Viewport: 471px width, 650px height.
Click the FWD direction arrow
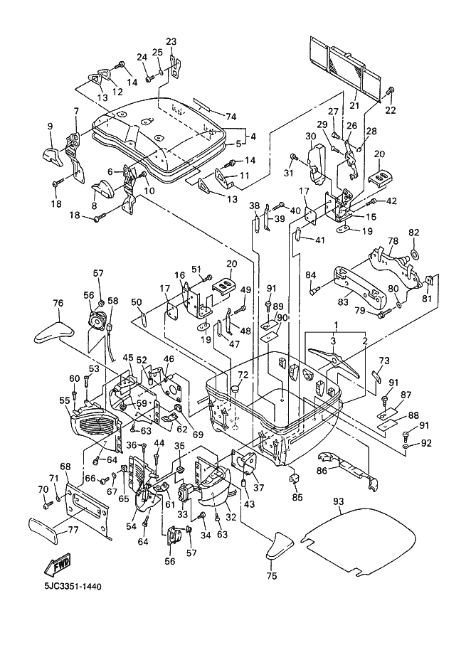point(58,565)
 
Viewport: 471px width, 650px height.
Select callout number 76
point(58,304)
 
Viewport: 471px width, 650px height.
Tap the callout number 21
point(354,105)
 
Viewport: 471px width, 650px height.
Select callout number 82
point(414,233)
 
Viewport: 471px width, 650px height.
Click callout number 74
point(230,116)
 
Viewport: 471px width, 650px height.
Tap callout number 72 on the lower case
point(243,374)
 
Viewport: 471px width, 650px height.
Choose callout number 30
point(311,137)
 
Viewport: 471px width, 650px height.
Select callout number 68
point(65,467)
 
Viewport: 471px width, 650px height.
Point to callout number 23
point(171,41)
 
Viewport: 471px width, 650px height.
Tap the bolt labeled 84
point(313,290)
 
